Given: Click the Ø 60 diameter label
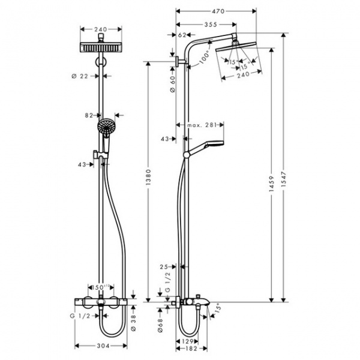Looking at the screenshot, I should point(172,85).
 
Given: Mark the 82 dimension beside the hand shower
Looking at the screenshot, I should point(89,114).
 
